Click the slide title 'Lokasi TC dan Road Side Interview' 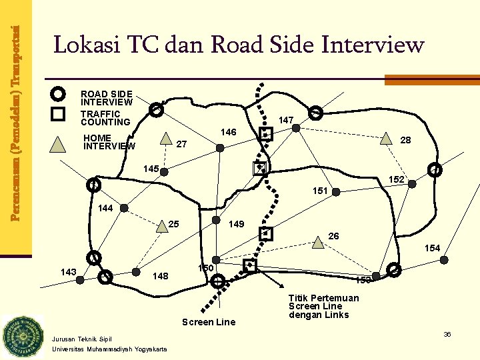point(239,45)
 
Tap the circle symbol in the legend point(59,93)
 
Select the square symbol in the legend point(59,114)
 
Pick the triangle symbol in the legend point(59,143)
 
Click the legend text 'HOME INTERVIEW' point(109,142)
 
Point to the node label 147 point(287,120)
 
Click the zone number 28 point(405,140)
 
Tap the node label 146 point(229,133)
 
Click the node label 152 point(397,180)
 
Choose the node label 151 point(321,191)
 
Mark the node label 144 point(105,208)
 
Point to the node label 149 point(237,224)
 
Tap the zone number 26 point(334,235)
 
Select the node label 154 point(433,248)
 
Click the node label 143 point(68,271)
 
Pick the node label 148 point(161,276)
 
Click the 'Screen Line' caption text point(209,322)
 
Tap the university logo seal point(22,337)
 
